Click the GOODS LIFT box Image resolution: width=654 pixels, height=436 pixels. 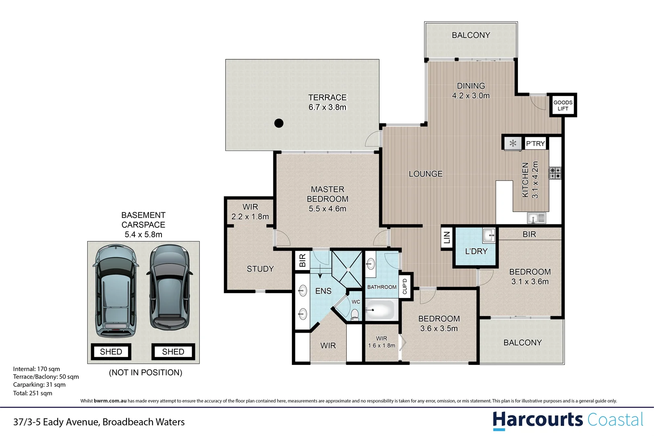[x=563, y=105]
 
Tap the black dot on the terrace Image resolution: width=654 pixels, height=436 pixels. [x=279, y=123]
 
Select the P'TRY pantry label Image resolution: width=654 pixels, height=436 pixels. [x=535, y=144]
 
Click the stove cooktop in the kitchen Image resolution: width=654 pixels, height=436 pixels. [x=555, y=173]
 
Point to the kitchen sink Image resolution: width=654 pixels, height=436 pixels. [x=537, y=218]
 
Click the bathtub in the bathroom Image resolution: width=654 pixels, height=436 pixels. [x=380, y=310]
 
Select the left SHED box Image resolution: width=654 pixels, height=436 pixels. [x=111, y=352]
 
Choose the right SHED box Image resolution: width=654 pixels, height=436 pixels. [x=173, y=352]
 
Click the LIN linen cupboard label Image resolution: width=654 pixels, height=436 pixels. [x=446, y=238]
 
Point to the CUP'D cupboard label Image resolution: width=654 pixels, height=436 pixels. [x=405, y=286]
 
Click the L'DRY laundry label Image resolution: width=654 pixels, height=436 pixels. [x=476, y=252]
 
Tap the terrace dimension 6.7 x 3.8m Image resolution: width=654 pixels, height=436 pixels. [x=327, y=107]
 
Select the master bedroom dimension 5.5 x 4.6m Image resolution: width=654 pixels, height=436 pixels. [x=327, y=209]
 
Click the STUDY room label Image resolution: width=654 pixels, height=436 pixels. [x=260, y=269]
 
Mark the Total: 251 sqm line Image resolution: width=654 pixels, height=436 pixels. [x=33, y=393]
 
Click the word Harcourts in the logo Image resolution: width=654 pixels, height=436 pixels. [x=537, y=420]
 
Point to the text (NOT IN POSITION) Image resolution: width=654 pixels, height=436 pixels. [x=146, y=373]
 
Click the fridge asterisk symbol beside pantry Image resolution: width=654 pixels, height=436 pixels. [x=513, y=143]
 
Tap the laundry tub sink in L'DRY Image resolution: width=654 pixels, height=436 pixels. [x=489, y=235]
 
